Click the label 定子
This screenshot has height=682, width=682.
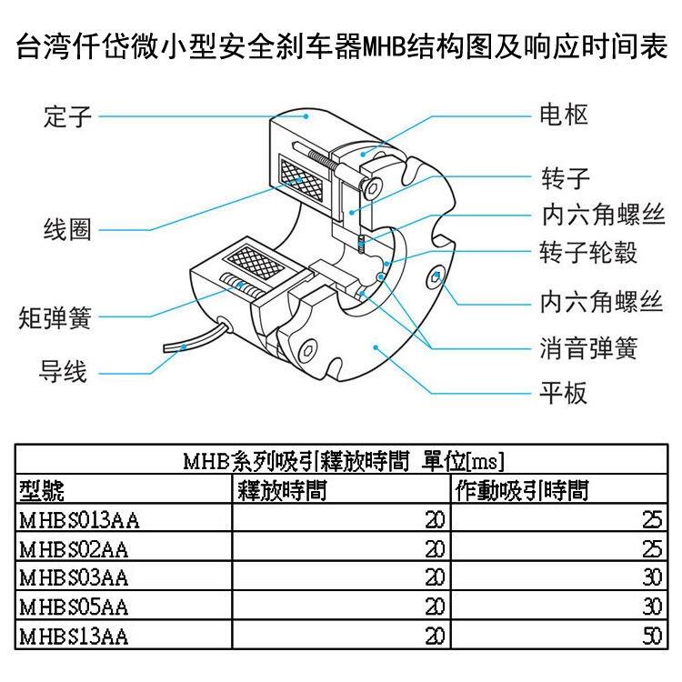click(68, 116)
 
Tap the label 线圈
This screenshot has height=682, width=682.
click(68, 229)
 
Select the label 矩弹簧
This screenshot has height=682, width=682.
click(55, 318)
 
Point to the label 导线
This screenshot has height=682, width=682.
click(63, 371)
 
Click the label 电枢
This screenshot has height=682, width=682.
click(564, 115)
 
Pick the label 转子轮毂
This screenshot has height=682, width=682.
click(588, 252)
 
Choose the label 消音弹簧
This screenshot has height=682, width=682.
click(588, 348)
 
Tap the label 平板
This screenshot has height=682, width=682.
click(563, 393)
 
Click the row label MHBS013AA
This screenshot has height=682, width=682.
click(80, 520)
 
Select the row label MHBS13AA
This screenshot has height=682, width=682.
click(74, 637)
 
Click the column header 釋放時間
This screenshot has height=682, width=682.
click(282, 491)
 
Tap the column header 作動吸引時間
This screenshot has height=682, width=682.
click(522, 491)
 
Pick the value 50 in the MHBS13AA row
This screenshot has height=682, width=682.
click(652, 637)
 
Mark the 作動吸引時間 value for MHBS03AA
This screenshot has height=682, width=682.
click(652, 577)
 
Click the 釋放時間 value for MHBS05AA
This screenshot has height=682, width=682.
click(435, 607)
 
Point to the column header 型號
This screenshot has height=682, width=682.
click(42, 491)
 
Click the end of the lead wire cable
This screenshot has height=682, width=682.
click(165, 348)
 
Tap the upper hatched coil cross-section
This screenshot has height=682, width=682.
click(302, 178)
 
